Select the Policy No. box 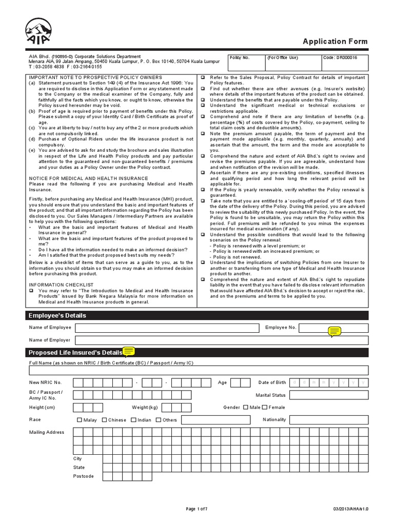pyautogui.click(x=244, y=63)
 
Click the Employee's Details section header pyautogui.click(x=57, y=315)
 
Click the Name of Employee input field pyautogui.click(x=167, y=328)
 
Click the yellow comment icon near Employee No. pyautogui.click(x=334, y=331)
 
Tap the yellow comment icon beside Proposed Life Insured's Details pyautogui.click(x=128, y=351)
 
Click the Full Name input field pyautogui.click(x=199, y=370)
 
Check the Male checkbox pyautogui.click(x=245, y=407)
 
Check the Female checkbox pyautogui.click(x=265, y=407)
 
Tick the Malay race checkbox pyautogui.click(x=80, y=420)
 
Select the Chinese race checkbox pyautogui.click(x=104, y=420)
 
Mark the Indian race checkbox pyautogui.click(x=133, y=420)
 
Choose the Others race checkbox pyautogui.click(x=159, y=420)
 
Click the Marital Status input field pyautogui.click(x=328, y=395)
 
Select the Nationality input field pyautogui.click(x=328, y=420)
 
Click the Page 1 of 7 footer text pyautogui.click(x=196, y=509)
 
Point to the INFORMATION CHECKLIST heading pyautogui.click(x=61, y=285)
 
